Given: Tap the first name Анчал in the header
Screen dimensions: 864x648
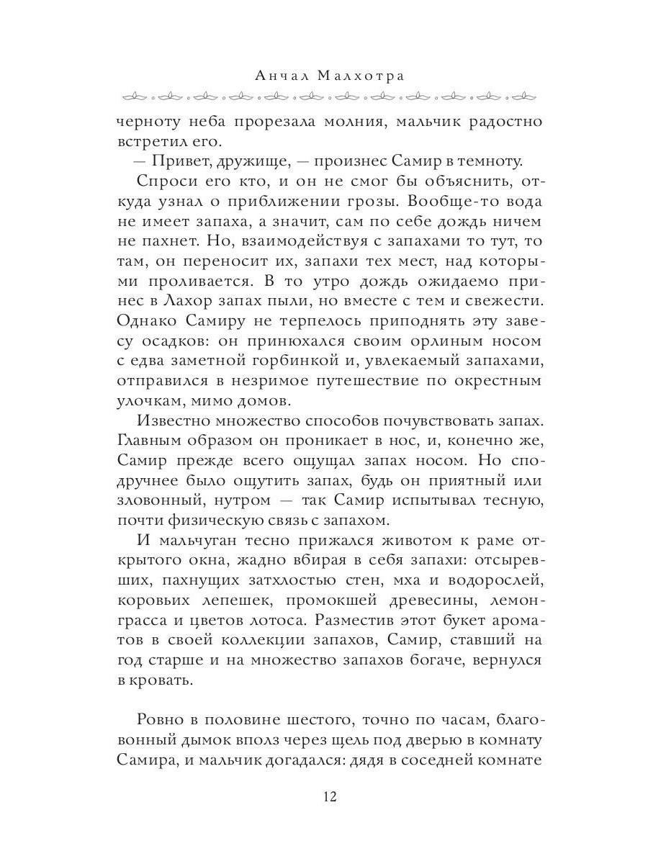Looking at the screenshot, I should pyautogui.click(x=279, y=76).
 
